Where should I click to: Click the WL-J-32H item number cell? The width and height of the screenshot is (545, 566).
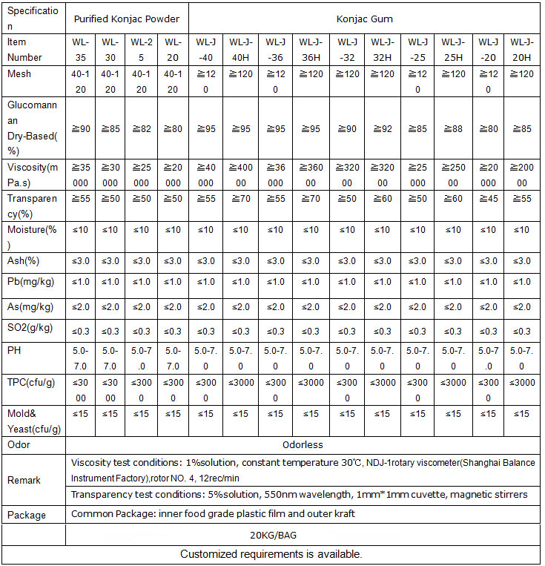[x=383, y=50]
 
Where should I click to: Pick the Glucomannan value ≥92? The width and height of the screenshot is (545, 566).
[x=383, y=130]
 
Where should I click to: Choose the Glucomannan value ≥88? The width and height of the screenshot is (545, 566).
[x=452, y=130]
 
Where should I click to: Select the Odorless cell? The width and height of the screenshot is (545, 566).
[x=303, y=445]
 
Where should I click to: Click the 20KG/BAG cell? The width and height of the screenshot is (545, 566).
[x=303, y=535]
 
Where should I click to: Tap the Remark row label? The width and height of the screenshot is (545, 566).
[x=24, y=480]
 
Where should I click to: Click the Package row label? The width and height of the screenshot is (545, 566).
[x=26, y=515]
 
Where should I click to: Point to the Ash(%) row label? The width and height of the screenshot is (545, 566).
[x=23, y=260]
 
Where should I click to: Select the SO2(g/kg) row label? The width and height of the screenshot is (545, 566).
[x=29, y=329]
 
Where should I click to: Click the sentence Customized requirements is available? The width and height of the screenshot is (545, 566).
[x=271, y=554]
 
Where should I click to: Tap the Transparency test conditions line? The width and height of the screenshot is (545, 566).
[x=299, y=495]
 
